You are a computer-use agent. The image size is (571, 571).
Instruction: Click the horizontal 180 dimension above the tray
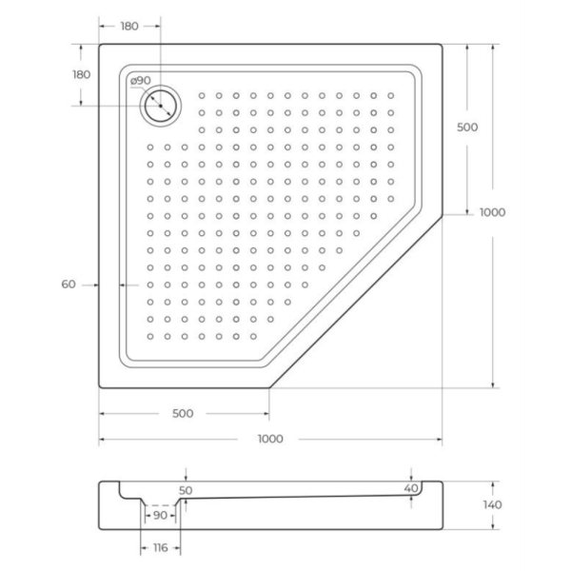(129, 27)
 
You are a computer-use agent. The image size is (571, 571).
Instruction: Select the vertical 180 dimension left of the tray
(81, 74)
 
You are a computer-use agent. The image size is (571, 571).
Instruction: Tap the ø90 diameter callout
(140, 81)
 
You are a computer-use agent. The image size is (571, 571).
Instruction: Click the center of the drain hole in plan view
(161, 106)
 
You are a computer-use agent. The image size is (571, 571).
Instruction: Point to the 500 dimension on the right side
(467, 128)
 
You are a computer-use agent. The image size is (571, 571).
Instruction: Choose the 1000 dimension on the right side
(492, 212)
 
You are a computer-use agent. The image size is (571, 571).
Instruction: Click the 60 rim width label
(69, 285)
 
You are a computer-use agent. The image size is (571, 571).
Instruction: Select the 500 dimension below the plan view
(183, 414)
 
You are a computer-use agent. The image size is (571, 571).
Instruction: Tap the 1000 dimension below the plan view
(270, 439)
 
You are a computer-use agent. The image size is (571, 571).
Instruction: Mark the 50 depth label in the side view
(186, 490)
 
